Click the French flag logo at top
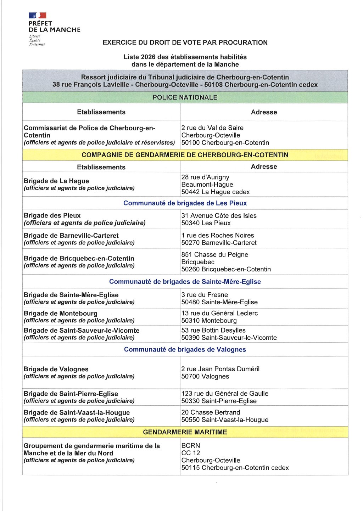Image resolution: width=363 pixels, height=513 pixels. point(38,15)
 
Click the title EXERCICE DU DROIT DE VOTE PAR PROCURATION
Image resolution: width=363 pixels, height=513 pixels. point(185,43)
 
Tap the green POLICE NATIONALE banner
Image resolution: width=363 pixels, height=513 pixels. point(185,97)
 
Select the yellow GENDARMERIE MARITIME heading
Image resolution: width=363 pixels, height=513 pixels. point(185,432)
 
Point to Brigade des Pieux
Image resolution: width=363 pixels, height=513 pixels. point(52,215)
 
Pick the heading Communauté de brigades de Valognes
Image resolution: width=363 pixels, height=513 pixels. point(185,349)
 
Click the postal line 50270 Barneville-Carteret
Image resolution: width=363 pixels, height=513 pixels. point(219,243)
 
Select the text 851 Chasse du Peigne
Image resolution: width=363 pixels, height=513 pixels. point(214,254)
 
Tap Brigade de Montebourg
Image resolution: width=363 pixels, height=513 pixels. point(60,313)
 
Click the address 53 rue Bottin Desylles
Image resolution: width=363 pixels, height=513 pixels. point(213,330)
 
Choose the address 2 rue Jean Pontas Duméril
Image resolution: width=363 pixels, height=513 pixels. point(220,369)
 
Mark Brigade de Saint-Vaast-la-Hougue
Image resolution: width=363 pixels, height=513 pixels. point(77,412)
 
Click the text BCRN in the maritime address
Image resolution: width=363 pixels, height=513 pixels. point(191,445)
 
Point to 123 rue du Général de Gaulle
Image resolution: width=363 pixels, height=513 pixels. point(225,393)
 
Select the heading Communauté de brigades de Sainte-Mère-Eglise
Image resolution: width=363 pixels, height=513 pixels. point(185,282)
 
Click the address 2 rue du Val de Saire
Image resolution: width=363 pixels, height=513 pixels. point(212,128)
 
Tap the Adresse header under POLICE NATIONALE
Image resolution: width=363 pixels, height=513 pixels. point(264,112)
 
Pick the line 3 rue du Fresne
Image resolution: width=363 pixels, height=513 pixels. point(205,295)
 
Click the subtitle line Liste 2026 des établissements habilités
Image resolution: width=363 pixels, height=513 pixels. point(185,57)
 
